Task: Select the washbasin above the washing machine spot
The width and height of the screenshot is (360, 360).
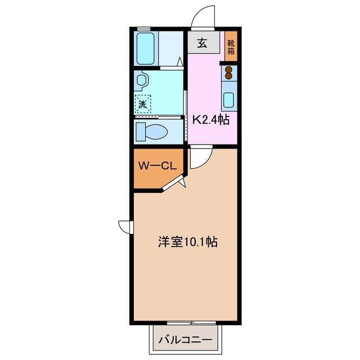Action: click(x=141, y=81)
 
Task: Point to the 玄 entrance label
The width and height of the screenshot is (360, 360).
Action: click(x=201, y=43)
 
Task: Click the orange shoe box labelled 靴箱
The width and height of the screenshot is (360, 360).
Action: click(x=231, y=46)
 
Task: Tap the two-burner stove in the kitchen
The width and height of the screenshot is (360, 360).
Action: click(x=229, y=74)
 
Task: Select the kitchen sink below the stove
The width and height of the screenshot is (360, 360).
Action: click(x=229, y=100)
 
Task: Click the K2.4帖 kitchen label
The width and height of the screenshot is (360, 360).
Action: click(x=211, y=119)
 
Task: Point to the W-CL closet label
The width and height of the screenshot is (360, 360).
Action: click(x=158, y=166)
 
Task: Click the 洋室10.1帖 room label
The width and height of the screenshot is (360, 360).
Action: click(x=188, y=243)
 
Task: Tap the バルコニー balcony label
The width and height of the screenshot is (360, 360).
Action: click(x=184, y=340)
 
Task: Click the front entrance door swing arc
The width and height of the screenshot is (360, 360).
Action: click(x=202, y=16)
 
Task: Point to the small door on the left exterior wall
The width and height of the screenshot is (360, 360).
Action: click(x=125, y=226)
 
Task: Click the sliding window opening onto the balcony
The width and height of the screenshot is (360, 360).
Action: click(x=184, y=323)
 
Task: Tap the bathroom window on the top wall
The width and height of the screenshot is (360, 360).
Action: click(x=145, y=29)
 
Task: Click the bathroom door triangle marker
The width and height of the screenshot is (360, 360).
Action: click(x=180, y=62)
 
